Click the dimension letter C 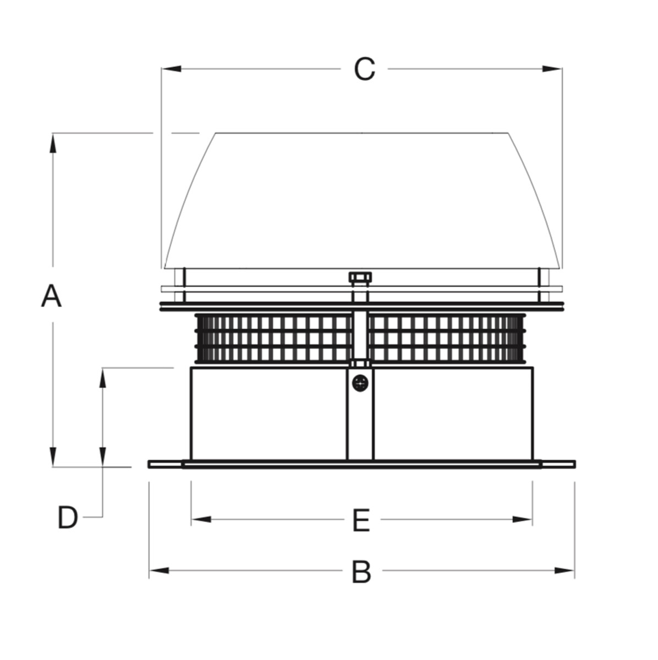[364, 69]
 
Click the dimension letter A [51, 295]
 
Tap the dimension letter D [68, 518]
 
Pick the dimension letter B [361, 572]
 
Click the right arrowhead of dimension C [551, 69]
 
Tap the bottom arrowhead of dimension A [52, 457]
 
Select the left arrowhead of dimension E [201, 520]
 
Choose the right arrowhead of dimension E [522, 520]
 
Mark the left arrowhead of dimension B [160, 570]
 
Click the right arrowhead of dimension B [564, 570]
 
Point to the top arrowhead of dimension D [102, 378]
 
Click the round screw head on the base [360, 383]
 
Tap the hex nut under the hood [360, 277]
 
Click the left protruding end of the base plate [165, 464]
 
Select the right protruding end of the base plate [558, 464]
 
